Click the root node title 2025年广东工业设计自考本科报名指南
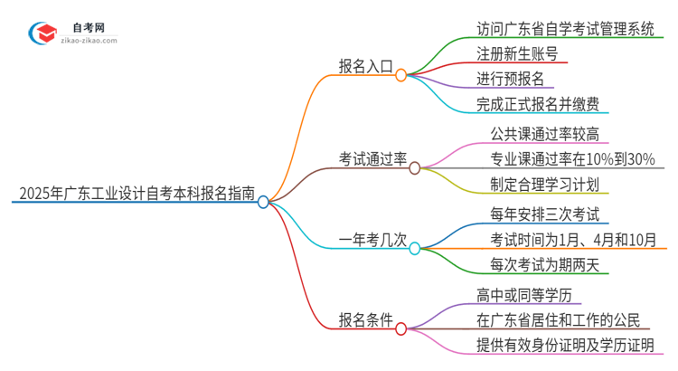tap(136, 193)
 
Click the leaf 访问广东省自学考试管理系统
tap(566, 28)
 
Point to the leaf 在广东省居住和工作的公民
tap(559, 319)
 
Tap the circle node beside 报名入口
tap(400, 76)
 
